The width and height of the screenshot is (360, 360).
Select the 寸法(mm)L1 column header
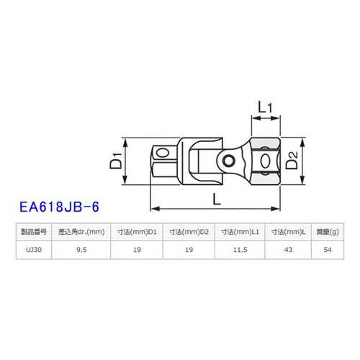[240, 231]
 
